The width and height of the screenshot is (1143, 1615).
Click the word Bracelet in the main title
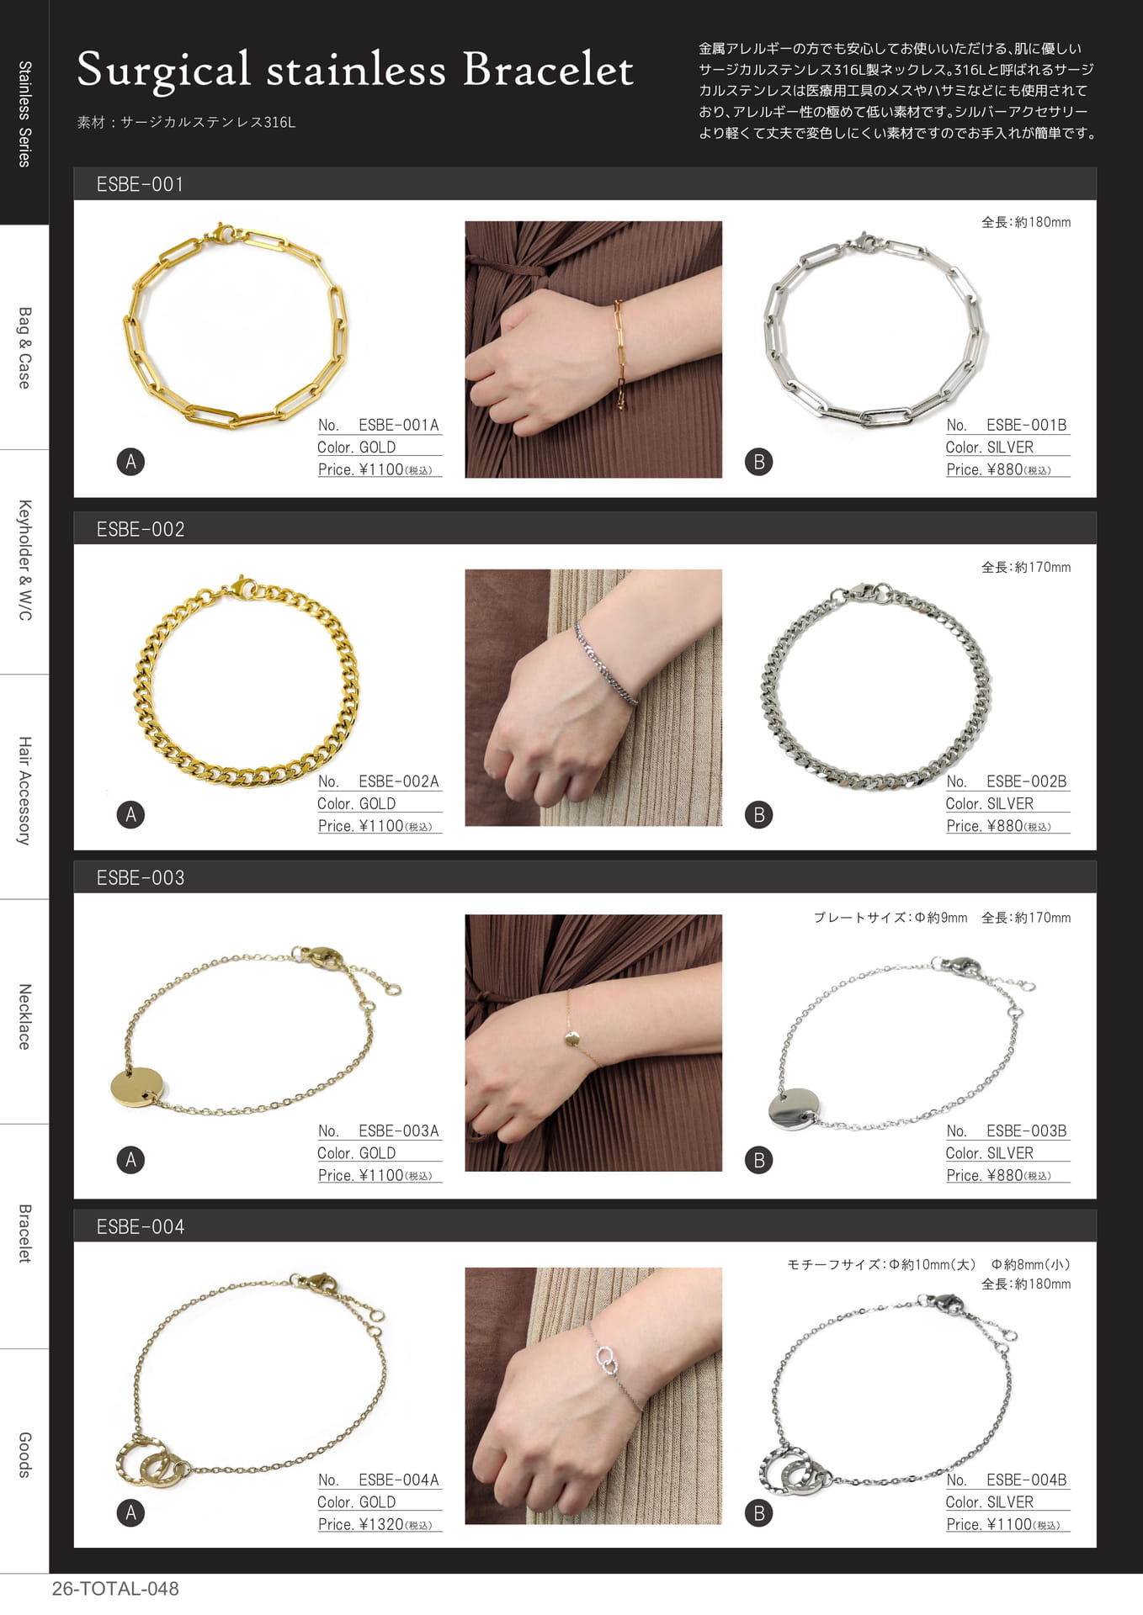pyautogui.click(x=548, y=70)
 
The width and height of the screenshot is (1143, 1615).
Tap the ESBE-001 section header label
pyautogui.click(x=140, y=184)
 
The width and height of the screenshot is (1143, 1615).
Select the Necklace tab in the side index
pyautogui.click(x=24, y=1016)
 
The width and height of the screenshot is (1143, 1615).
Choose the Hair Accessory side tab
pyautogui.click(x=24, y=791)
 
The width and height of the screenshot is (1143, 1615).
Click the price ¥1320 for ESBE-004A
pyautogui.click(x=381, y=1524)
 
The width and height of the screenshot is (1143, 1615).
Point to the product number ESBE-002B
pyautogui.click(x=1026, y=781)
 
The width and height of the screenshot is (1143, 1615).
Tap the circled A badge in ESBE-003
pyautogui.click(x=130, y=1160)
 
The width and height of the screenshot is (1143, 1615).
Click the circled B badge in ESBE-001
pyautogui.click(x=758, y=462)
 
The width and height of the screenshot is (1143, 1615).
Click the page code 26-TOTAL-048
pyautogui.click(x=115, y=1589)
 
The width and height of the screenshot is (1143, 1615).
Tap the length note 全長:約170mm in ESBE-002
pyautogui.click(x=1026, y=568)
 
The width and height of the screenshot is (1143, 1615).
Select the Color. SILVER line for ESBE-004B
pyautogui.click(x=989, y=1502)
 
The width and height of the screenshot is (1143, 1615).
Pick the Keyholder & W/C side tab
pyautogui.click(x=24, y=560)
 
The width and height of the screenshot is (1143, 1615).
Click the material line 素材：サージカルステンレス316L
pyautogui.click(x=186, y=122)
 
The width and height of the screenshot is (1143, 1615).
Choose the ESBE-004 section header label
pyautogui.click(x=140, y=1226)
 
